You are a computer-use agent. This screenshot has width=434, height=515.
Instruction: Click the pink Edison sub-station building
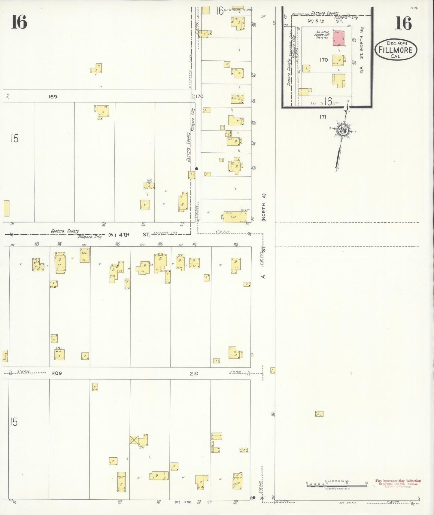tap(338, 38)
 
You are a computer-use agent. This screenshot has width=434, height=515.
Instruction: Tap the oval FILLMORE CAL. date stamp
tap(396, 50)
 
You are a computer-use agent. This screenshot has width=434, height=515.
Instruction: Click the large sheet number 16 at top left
tap(19, 22)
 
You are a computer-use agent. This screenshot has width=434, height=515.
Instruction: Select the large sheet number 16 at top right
tap(403, 23)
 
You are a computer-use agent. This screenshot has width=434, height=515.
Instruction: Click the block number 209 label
tap(56, 373)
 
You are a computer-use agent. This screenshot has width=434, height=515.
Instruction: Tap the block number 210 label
tap(194, 373)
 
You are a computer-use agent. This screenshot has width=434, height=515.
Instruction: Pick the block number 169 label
tap(53, 97)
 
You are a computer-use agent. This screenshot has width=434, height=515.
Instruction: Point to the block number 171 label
tap(323, 117)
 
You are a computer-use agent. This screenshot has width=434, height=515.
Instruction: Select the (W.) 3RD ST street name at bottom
tap(194, 502)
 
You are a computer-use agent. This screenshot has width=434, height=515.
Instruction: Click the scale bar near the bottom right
tap(336, 484)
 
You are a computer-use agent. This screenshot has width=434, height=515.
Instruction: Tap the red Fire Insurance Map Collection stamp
tap(398, 483)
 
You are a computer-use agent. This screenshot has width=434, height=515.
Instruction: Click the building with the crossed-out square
tap(134, 440)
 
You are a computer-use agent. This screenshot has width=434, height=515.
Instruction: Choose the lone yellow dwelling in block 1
tap(319, 414)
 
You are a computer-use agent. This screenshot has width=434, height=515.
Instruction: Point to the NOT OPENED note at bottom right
tap(348, 502)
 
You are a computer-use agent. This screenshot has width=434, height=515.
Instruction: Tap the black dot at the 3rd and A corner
tap(254, 498)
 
